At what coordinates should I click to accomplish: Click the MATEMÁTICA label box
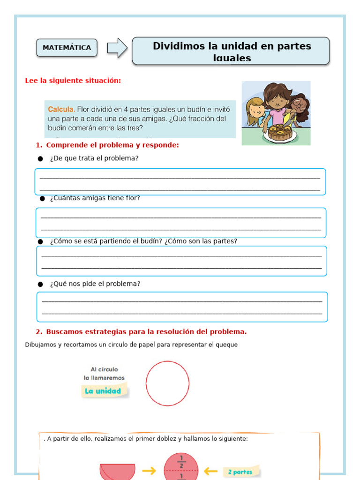click(67, 48)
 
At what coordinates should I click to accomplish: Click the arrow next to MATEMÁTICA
click(117, 48)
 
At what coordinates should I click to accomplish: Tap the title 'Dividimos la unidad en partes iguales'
click(231, 51)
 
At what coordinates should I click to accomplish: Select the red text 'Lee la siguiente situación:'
click(73, 81)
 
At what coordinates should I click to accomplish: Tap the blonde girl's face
click(256, 110)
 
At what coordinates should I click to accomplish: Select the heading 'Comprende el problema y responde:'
click(112, 145)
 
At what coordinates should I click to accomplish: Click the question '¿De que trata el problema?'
click(94, 158)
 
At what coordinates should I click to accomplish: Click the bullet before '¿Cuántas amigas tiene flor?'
click(42, 198)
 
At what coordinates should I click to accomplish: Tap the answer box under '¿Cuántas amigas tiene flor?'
click(181, 223)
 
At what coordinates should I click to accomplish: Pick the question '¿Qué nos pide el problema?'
click(95, 284)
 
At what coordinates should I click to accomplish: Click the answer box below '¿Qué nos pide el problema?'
click(182, 307)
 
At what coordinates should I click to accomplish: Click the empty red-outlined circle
click(167, 383)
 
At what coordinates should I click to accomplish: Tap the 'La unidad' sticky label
click(103, 391)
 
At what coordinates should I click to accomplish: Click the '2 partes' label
click(240, 472)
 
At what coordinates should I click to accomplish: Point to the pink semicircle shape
click(117, 471)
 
